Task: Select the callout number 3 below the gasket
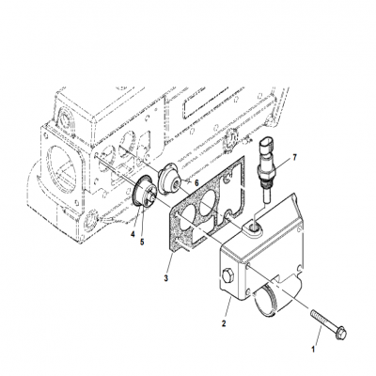click(165, 278)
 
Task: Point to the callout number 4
click(133, 232)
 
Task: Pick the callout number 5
click(143, 242)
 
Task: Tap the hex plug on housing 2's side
click(227, 276)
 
